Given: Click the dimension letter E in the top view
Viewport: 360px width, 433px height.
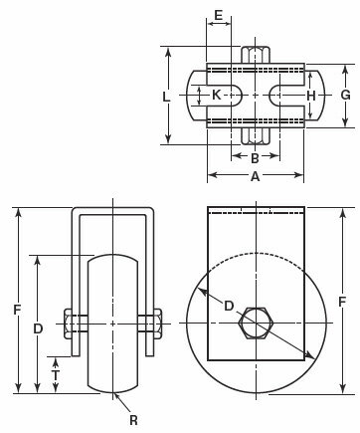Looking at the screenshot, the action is tap(218, 15).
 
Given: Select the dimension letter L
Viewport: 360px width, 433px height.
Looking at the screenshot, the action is tap(166, 97).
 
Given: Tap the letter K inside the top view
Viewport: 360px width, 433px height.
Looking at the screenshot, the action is tap(217, 96).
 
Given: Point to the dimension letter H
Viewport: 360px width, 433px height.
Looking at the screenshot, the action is tap(310, 96).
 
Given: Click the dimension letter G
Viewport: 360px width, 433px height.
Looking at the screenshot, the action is tap(345, 96).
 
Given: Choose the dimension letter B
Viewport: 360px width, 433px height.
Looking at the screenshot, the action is tap(255, 158).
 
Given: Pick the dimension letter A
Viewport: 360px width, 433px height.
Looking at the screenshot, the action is tap(255, 176).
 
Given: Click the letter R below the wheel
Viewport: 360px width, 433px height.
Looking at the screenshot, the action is tap(133, 420).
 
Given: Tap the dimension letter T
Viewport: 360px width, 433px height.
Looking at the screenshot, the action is tap(56, 375).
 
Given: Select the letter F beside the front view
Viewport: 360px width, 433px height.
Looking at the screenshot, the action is tap(17, 310).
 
